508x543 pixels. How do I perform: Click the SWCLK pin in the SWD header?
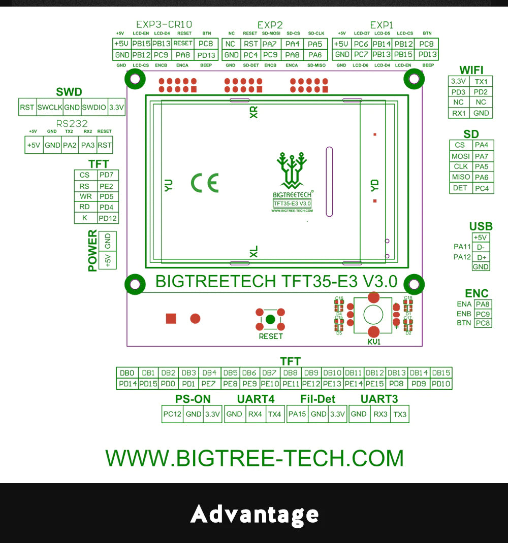[49, 107]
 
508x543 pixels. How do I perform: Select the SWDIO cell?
[94, 107]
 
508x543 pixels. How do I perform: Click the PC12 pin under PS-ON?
[172, 414]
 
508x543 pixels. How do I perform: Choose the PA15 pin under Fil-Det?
[297, 414]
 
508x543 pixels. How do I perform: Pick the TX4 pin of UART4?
[274, 414]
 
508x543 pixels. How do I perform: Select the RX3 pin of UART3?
[379, 414]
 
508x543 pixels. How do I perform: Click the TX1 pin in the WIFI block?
[481, 82]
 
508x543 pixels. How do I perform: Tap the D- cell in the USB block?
[481, 247]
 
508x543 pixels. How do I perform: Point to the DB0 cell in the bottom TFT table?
[127, 373]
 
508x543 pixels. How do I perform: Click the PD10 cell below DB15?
[441, 384]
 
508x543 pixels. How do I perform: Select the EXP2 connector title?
[270, 25]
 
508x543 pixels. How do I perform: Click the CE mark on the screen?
[204, 183]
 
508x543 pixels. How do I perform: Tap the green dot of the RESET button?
[270, 319]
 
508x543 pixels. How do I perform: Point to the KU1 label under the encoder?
[374, 343]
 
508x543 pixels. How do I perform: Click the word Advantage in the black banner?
[254, 514]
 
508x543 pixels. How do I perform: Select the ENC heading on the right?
[477, 293]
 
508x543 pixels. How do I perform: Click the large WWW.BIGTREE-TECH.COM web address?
[254, 458]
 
